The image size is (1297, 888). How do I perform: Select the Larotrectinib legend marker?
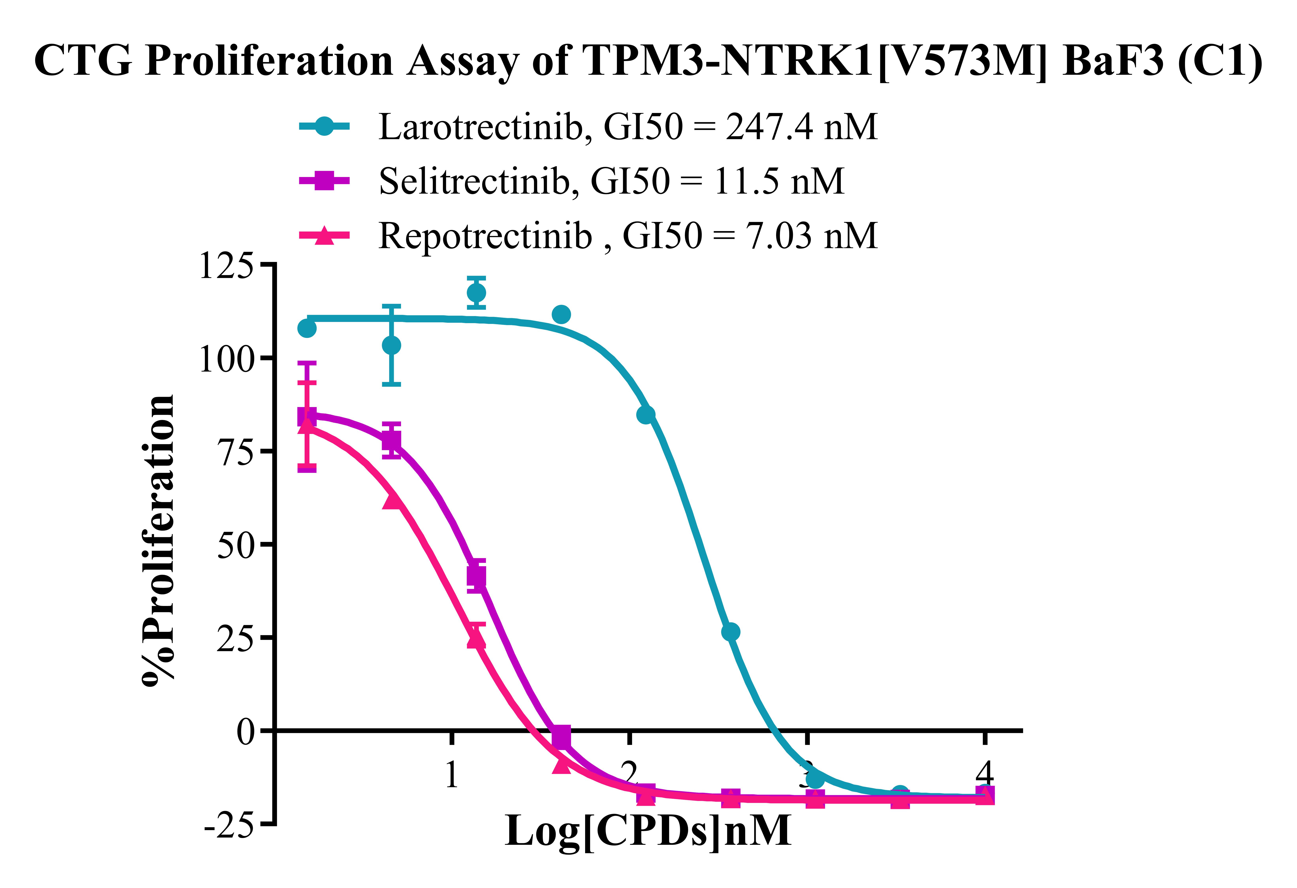(324, 126)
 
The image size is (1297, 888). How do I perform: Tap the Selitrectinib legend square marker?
(324, 180)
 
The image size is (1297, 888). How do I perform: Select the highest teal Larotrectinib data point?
(476, 293)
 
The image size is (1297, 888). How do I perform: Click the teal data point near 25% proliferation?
(730, 632)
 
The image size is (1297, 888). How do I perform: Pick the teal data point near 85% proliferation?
(646, 415)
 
